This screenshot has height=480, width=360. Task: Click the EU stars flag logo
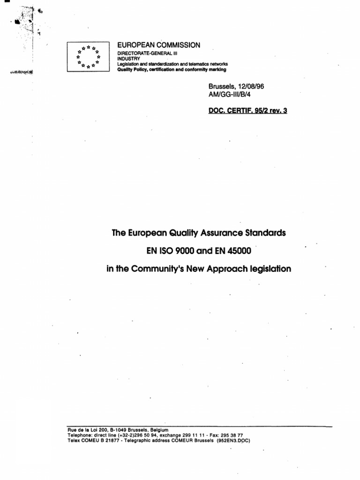pyautogui.click(x=88, y=57)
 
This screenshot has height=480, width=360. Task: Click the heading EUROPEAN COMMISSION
pyautogui.click(x=158, y=45)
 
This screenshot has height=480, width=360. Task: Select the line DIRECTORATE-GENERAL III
pyautogui.click(x=145, y=54)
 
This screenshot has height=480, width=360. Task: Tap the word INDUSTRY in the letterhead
pyautogui.click(x=129, y=59)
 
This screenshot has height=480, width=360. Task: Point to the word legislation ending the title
pyautogui.click(x=267, y=269)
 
